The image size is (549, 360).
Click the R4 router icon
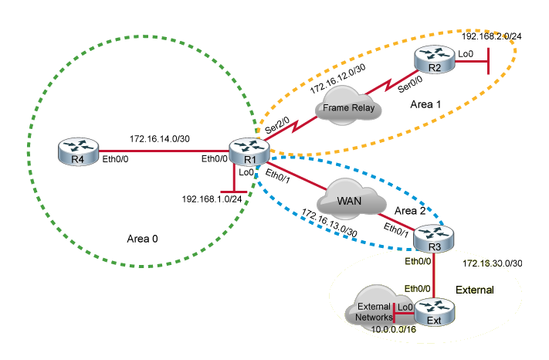point(76,150)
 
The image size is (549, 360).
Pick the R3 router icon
point(432,236)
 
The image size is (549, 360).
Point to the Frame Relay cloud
point(349,107)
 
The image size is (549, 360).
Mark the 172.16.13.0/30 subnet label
point(330,223)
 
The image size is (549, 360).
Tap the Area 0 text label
point(142,239)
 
